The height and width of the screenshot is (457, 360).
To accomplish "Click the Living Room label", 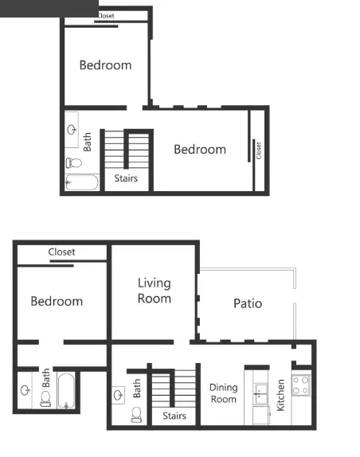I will (154, 291).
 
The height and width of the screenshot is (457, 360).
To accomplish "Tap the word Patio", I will (247, 303).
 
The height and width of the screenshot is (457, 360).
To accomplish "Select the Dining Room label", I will (224, 393).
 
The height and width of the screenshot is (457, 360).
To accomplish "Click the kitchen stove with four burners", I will (300, 386).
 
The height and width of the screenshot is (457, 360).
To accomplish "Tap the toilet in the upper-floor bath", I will (73, 163).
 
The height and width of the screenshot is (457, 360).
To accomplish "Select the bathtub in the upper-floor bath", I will (80, 183).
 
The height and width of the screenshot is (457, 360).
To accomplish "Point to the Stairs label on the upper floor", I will (126, 178).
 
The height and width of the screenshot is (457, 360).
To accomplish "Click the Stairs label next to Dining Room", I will (174, 416).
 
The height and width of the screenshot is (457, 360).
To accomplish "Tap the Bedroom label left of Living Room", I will (57, 301).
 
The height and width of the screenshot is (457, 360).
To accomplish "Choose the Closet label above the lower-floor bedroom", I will (61, 252).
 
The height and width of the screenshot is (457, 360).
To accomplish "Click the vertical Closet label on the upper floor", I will (258, 150).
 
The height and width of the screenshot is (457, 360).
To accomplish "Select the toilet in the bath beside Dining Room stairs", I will (135, 415).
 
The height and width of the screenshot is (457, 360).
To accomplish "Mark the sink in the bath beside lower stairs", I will (119, 393).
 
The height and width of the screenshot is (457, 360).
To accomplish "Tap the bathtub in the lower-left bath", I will (67, 392).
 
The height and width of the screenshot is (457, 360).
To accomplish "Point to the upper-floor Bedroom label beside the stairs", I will (199, 149).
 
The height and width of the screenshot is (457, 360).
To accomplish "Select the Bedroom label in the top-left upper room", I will (105, 65).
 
